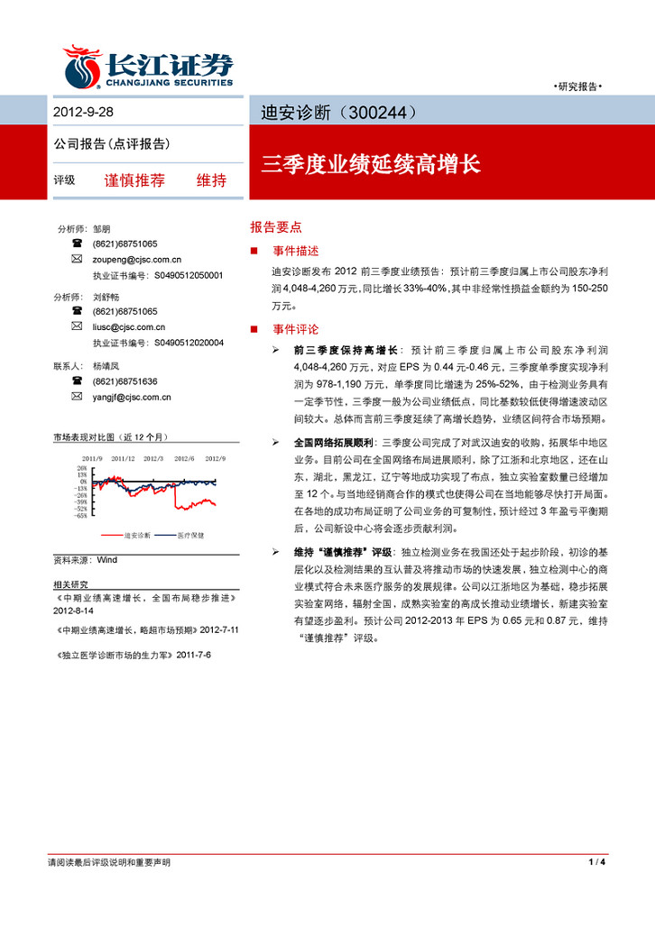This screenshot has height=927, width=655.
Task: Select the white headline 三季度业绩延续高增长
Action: click(x=371, y=165)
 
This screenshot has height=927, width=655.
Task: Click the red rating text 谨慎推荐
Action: click(x=134, y=179)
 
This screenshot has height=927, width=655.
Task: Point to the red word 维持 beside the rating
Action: click(x=211, y=179)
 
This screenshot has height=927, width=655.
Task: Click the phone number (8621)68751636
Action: click(x=125, y=381)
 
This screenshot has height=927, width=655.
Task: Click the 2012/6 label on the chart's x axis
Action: click(x=183, y=458)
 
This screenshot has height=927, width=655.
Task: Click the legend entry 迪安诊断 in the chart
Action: click(x=137, y=535)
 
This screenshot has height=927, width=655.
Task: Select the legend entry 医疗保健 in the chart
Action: click(x=190, y=535)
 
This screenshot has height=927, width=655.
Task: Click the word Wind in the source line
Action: click(x=106, y=559)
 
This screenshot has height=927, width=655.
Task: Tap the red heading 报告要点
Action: click(x=276, y=228)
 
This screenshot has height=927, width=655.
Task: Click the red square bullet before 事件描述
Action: click(x=254, y=251)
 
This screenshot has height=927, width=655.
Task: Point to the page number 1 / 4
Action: click(x=595, y=863)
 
